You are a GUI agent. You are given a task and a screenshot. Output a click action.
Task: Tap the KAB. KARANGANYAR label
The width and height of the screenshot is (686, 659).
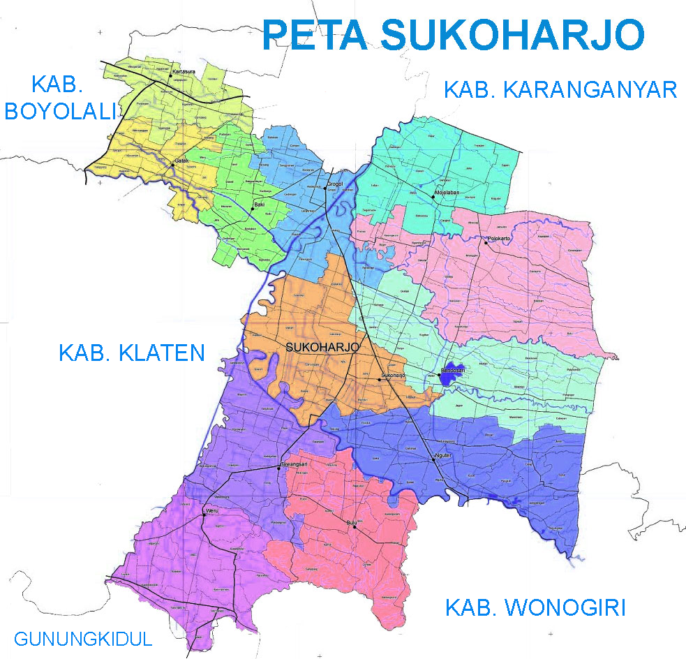point(560,90)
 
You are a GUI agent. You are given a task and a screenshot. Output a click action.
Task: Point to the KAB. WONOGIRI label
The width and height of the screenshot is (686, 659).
point(535,608)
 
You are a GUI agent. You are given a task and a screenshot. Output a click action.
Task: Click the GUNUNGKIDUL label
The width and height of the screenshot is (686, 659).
point(82,639)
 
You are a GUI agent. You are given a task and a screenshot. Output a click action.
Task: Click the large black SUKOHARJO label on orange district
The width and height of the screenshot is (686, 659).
point(322,347)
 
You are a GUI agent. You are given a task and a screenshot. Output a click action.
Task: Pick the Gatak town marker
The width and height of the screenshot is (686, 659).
point(174,165)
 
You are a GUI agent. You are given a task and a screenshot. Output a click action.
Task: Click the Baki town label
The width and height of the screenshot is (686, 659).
point(259,205)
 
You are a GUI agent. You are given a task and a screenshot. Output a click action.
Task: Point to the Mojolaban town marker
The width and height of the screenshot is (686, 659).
point(433,198)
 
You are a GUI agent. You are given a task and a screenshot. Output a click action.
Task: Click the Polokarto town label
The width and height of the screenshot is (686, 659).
point(500,239)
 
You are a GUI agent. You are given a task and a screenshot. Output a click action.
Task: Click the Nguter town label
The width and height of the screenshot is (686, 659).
point(445,457)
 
